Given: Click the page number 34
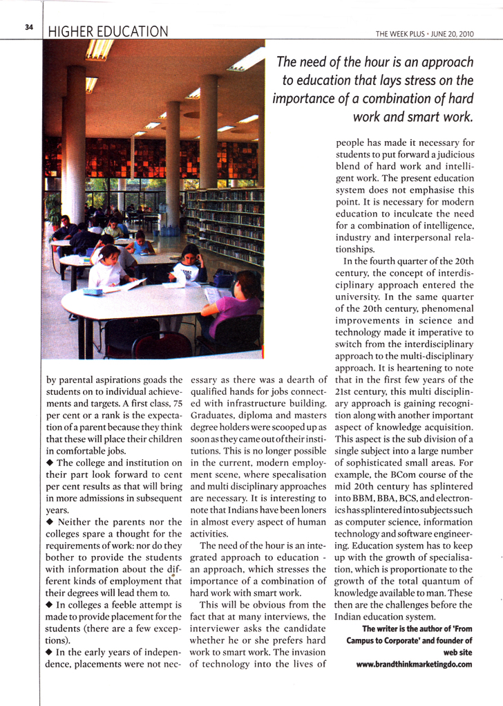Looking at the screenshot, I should [x=28, y=27].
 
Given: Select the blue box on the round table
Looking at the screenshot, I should [x=93, y=292].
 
